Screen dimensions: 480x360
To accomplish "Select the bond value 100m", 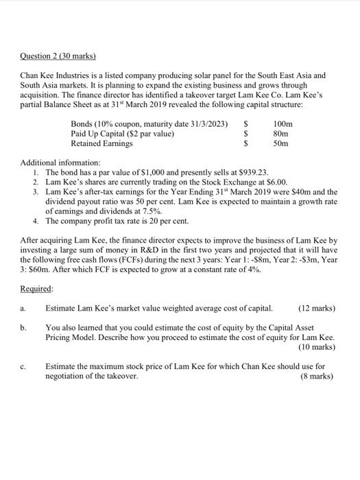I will click(x=282, y=123).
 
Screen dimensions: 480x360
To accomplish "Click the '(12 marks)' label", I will click(x=321, y=309).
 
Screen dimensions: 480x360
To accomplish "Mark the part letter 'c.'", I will click(x=24, y=367).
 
